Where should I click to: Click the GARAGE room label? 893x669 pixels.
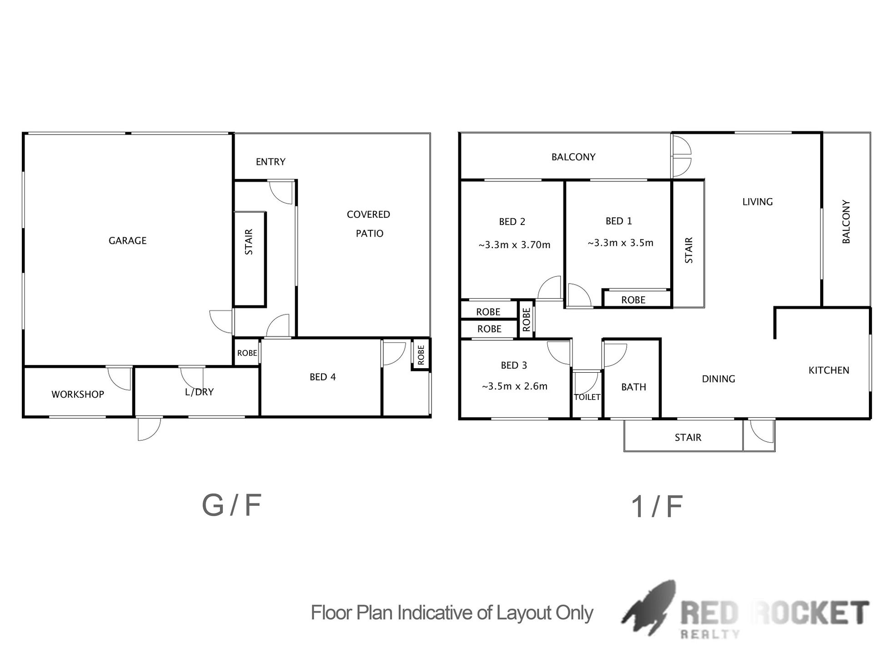coord(127,240)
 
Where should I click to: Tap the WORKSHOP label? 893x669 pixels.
coord(78,394)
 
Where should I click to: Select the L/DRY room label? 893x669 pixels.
coord(199,392)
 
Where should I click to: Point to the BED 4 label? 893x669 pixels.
coord(323,377)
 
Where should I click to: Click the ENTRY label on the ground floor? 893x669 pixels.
coord(271,162)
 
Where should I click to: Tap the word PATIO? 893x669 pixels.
coord(370,233)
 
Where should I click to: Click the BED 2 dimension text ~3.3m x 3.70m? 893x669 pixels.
coord(514,245)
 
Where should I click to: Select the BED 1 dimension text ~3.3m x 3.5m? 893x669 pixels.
coord(621,243)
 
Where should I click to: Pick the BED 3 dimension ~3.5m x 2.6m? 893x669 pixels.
coord(515,386)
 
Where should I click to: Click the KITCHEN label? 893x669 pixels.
coord(829,370)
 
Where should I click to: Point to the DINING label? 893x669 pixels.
coord(718,379)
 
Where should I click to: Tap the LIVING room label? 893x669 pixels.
coord(758,202)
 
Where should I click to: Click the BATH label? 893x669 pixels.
coord(634,387)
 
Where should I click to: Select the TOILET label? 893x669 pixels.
coord(587,397)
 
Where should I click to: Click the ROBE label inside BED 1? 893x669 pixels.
coord(633,300)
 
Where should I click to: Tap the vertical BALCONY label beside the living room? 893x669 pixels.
coord(846,222)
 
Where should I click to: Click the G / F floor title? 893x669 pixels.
coord(232,505)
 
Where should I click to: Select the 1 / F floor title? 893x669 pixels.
coord(657,507)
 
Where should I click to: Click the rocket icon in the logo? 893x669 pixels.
coord(649,608)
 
